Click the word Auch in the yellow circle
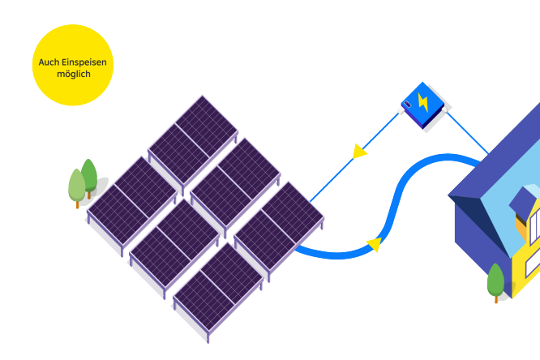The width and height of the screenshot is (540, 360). (49, 62)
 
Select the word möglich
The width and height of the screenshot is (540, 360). (73, 74)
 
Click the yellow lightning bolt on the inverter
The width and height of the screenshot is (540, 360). (422, 102)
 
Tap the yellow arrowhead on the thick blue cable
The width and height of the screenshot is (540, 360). (374, 243)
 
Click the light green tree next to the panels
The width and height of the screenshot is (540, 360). (77, 186)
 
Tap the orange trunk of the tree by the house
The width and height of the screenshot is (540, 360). (496, 298)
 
